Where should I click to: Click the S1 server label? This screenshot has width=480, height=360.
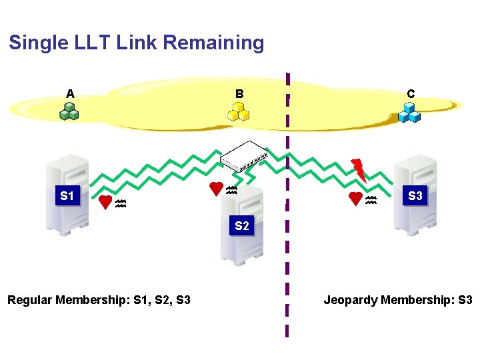(x=67, y=196)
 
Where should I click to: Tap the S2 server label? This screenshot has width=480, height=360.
(x=241, y=226)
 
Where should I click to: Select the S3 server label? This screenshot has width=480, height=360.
(x=415, y=196)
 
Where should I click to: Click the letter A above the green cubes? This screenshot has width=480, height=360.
(x=70, y=94)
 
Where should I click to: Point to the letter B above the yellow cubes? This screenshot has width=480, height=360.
(x=239, y=94)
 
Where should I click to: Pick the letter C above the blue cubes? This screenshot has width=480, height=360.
(x=411, y=94)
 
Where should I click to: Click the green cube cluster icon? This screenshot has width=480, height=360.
(x=69, y=112)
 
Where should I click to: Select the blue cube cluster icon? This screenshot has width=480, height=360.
(x=409, y=113)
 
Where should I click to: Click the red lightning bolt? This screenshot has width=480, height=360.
(x=359, y=169)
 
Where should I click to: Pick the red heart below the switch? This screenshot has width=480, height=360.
(x=216, y=189)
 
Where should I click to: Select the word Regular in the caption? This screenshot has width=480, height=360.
(x=30, y=300)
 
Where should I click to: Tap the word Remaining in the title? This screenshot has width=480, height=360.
(x=213, y=43)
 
